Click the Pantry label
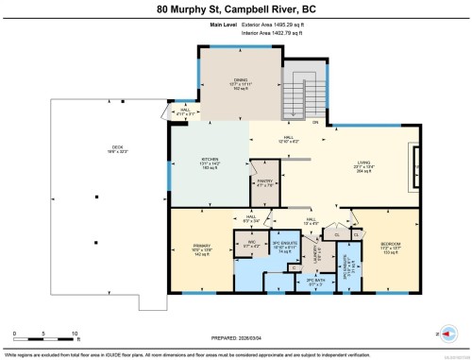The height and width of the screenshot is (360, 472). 265,182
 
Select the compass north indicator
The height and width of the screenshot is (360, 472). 447,332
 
